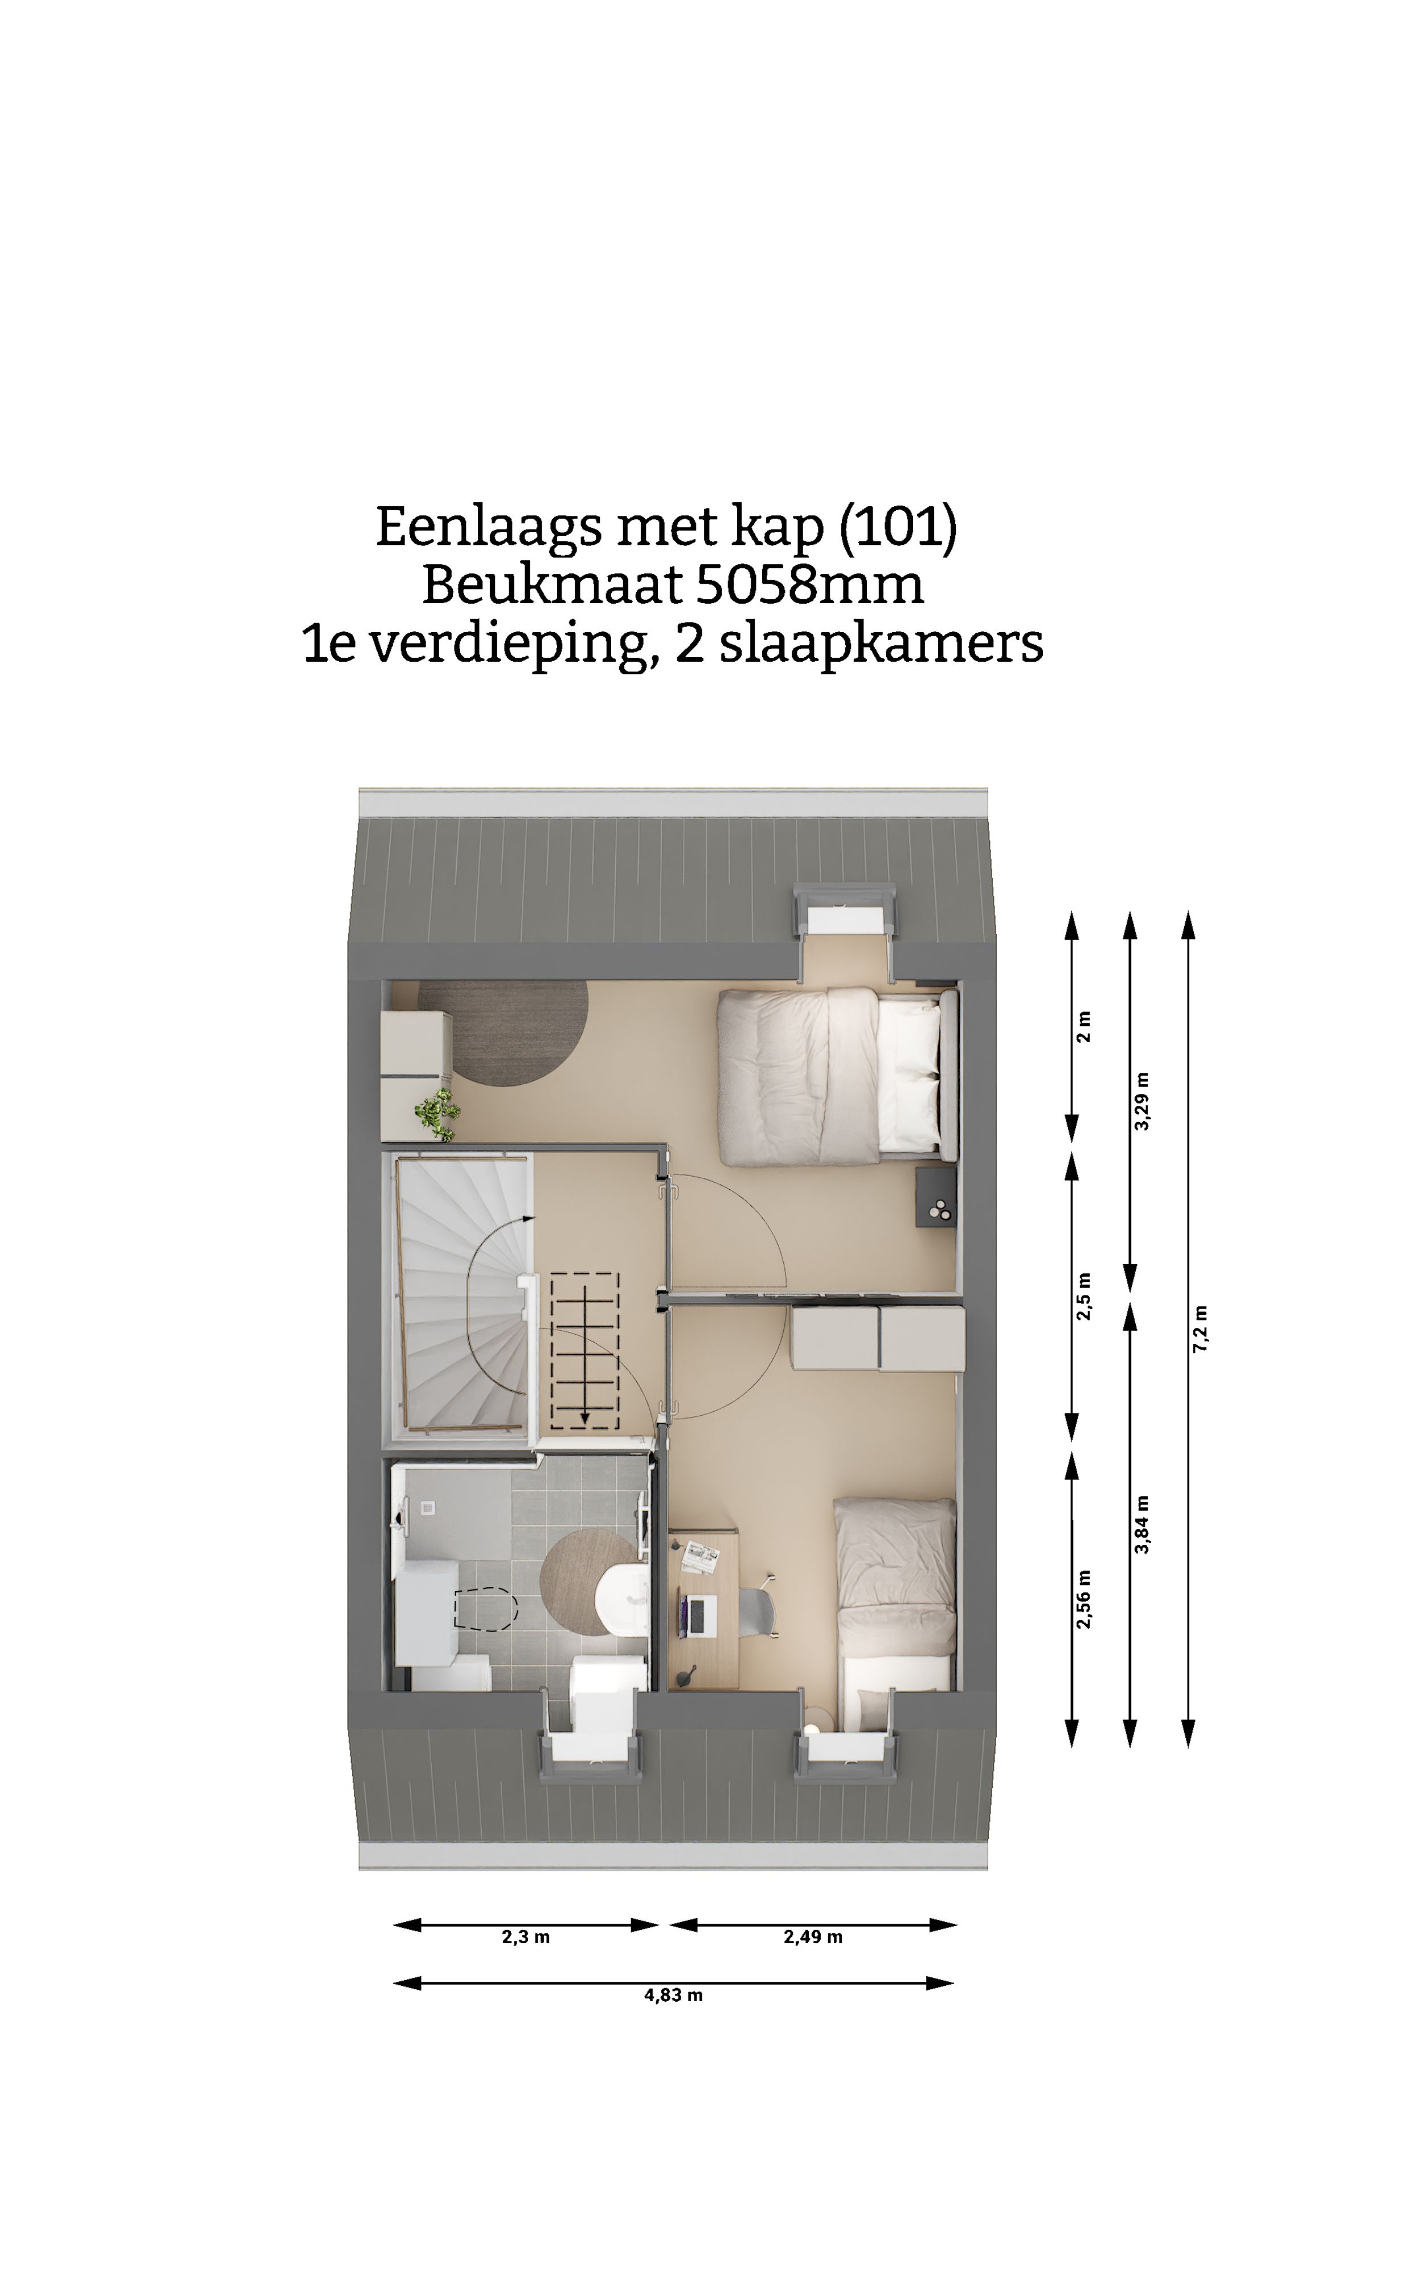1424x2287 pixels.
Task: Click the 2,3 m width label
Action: tap(526, 1937)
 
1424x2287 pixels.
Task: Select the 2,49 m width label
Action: tap(813, 1937)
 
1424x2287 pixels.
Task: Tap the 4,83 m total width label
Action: tap(673, 1994)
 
